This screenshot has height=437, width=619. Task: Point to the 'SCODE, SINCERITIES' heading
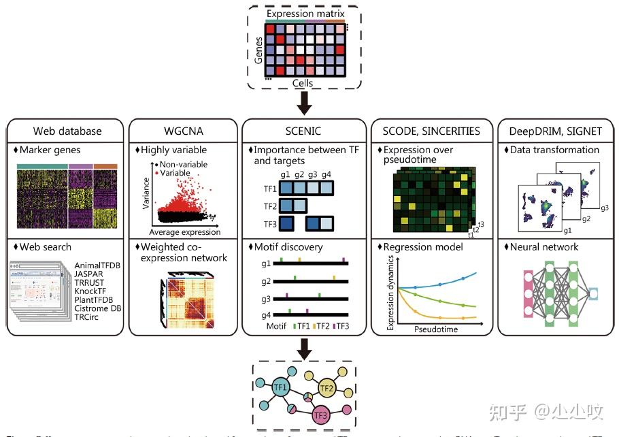pyautogui.click(x=432, y=131)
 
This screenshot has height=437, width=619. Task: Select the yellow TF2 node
pyautogui.click(x=327, y=389)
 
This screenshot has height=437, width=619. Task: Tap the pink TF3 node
pyautogui.click(x=322, y=414)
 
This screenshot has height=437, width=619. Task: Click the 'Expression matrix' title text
pyautogui.click(x=305, y=14)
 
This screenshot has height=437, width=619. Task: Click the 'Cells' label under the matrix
pyautogui.click(x=303, y=83)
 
